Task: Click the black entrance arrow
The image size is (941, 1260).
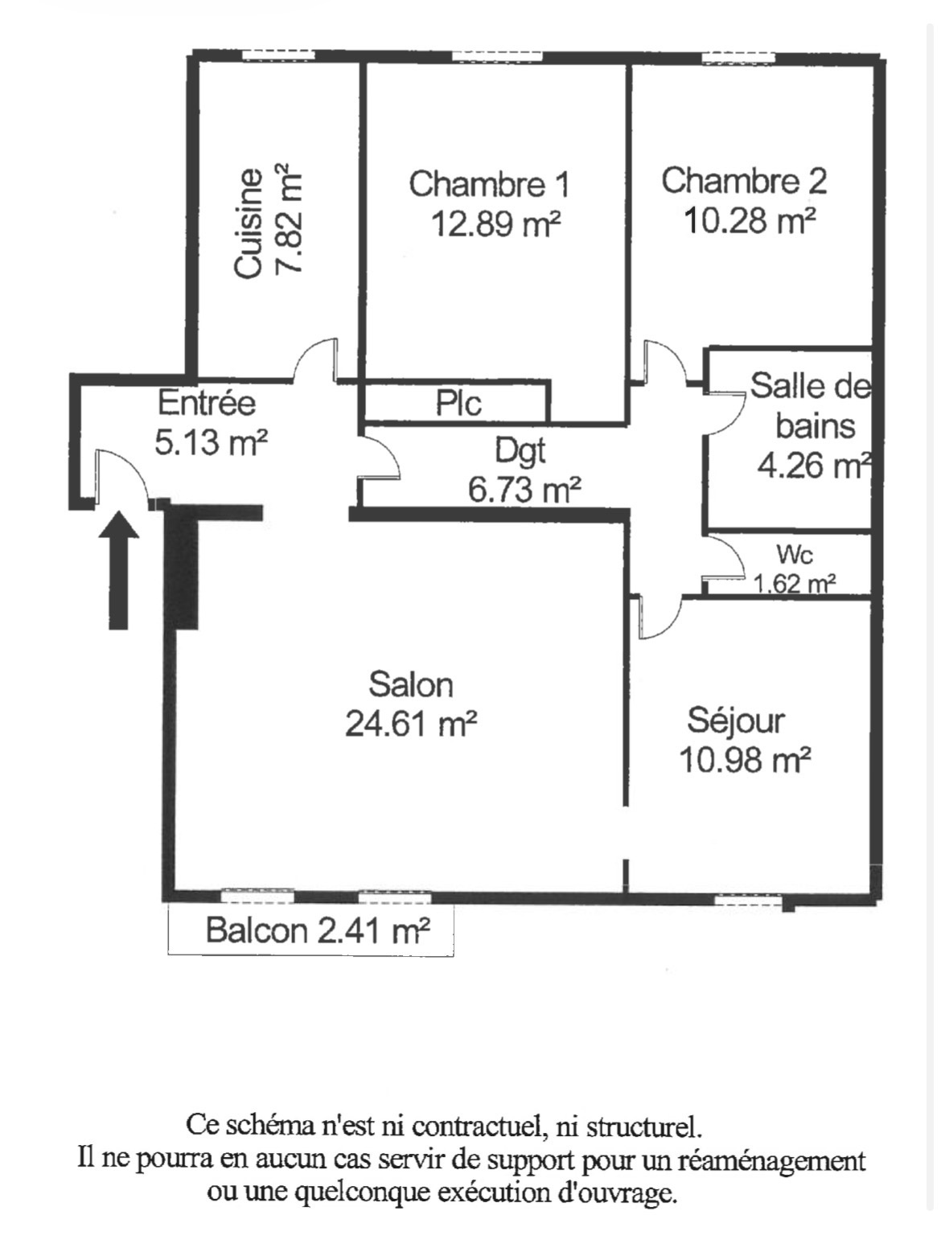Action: pyautogui.click(x=119, y=569)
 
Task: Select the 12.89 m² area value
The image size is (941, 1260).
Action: pyautogui.click(x=495, y=224)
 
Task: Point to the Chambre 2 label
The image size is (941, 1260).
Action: pyautogui.click(x=744, y=180)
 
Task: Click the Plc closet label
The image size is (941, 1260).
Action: pyautogui.click(x=458, y=403)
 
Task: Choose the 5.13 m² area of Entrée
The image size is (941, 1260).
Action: pyautogui.click(x=211, y=442)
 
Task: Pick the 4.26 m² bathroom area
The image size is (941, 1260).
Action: pyautogui.click(x=815, y=466)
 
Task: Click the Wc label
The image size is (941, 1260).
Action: pyautogui.click(x=795, y=555)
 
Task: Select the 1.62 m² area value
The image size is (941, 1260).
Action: pyautogui.click(x=794, y=585)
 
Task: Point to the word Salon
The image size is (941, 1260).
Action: pyautogui.click(x=410, y=685)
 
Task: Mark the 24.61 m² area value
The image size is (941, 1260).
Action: pyautogui.click(x=410, y=724)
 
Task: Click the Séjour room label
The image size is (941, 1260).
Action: pyautogui.click(x=736, y=722)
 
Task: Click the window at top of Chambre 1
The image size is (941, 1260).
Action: pyautogui.click(x=497, y=57)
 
